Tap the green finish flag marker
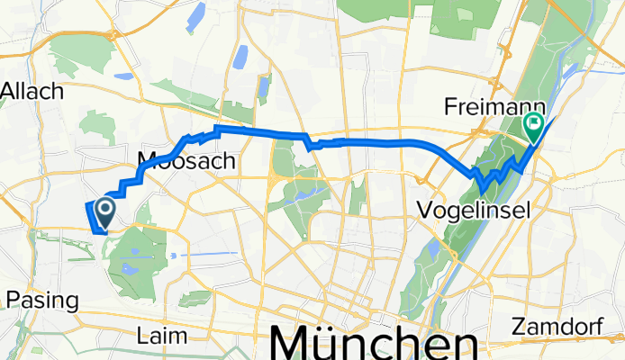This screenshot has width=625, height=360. (533, 130)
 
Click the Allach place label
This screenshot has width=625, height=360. (33, 90)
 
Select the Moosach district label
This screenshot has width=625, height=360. (186, 162)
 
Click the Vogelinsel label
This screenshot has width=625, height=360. (474, 211)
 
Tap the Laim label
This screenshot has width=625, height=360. (162, 336)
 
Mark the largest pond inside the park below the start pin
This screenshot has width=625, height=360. (131, 268)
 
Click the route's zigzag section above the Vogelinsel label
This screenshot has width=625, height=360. (495, 172)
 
